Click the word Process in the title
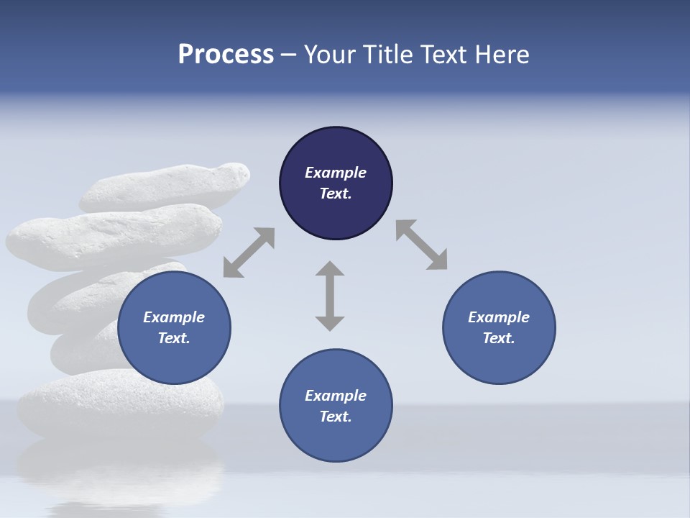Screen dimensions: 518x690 (226, 55)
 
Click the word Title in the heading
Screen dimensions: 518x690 (388, 55)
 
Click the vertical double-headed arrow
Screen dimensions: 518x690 (330, 296)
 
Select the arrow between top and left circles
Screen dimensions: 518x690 (249, 253)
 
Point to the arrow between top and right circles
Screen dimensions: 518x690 (422, 245)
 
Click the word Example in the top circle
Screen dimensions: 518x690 (336, 173)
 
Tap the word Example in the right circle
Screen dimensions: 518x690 (499, 317)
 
